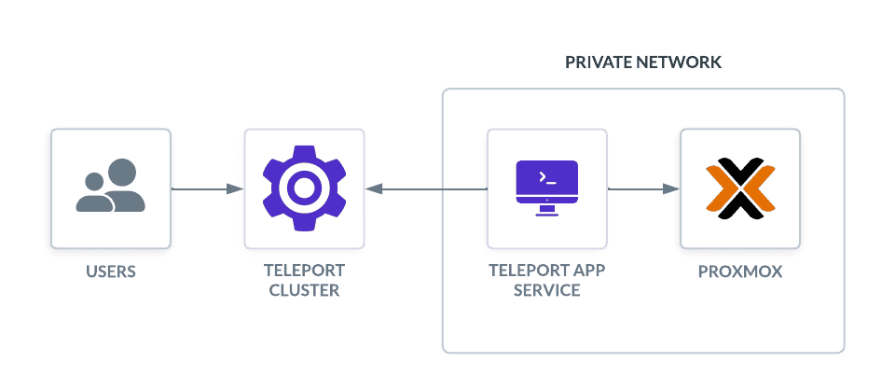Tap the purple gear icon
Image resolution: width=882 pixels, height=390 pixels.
tap(304, 188)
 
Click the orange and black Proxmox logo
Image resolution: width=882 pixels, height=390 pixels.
tap(740, 188)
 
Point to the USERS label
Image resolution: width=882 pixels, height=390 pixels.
tap(111, 272)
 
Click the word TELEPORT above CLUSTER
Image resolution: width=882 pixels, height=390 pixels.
tap(304, 271)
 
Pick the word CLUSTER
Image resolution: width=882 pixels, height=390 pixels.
tap(304, 290)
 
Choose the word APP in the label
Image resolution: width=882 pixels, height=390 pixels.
tap(588, 271)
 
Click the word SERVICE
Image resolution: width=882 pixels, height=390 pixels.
tap(547, 290)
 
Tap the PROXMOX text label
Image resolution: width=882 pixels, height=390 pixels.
tap(740, 272)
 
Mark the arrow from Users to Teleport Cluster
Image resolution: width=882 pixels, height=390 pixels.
tap(208, 189)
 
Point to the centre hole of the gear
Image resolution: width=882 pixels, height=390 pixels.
tap(304, 188)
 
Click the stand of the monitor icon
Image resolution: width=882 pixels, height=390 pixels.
tap(547, 211)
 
